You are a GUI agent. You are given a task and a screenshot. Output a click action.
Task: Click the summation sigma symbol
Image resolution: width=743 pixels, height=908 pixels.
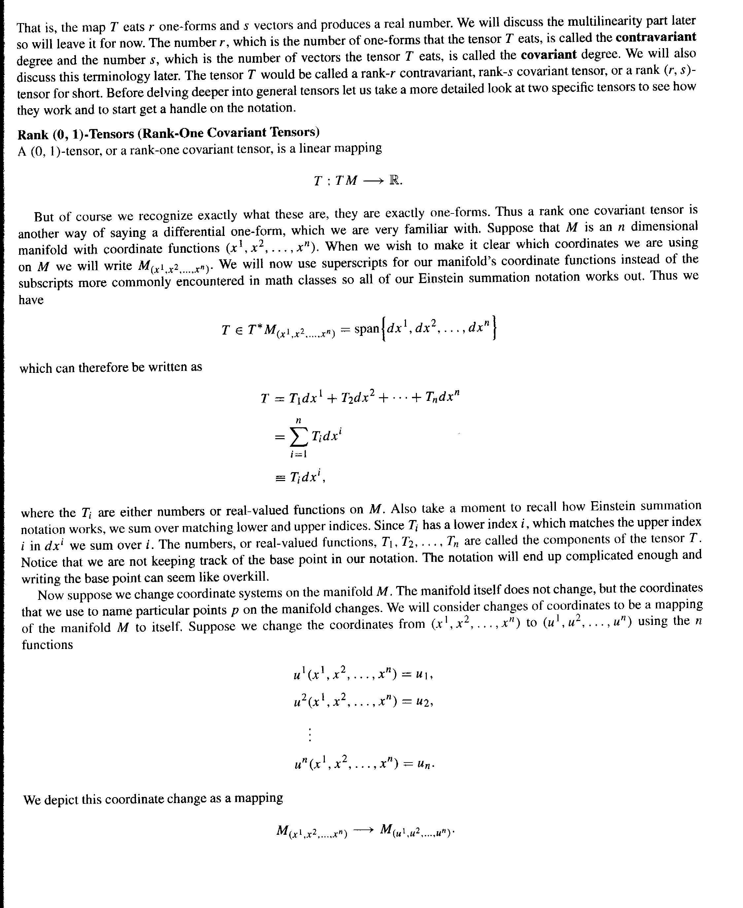pos(298,437)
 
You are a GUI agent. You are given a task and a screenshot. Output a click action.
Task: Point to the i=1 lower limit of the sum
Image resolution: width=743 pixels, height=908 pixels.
pos(298,454)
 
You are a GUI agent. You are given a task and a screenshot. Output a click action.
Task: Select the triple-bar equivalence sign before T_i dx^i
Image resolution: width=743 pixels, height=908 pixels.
pos(280,478)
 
